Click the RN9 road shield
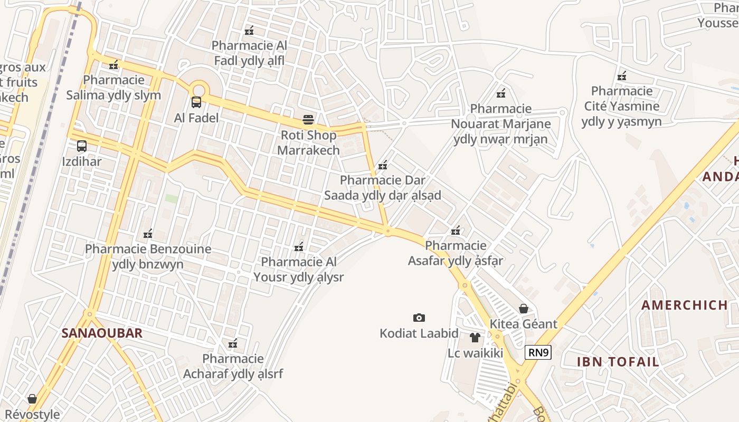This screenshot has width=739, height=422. [538, 353]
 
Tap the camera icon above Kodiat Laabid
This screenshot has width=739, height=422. [419, 318]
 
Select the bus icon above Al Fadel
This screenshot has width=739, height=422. [196, 102]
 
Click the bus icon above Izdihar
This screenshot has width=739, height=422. [82, 146]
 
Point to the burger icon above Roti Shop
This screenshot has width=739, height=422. [308, 119]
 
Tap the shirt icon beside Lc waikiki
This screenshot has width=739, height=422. [475, 338]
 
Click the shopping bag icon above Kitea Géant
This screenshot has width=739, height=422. [524, 309]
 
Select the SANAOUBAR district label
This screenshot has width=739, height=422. [102, 333]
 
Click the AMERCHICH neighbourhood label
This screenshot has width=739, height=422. [685, 305]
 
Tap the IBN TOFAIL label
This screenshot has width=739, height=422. [618, 362]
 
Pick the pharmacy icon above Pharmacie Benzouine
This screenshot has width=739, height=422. [148, 233]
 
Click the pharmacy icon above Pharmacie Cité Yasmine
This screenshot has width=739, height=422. [622, 75]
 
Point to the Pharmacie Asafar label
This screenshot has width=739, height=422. [456, 253]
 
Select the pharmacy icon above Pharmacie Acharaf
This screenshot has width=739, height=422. [233, 343]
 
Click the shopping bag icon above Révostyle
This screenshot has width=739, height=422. [32, 399]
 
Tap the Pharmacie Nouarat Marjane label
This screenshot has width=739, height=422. [500, 124]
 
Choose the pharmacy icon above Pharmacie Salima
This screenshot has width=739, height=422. [113, 65]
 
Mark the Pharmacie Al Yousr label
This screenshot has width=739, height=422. [298, 270]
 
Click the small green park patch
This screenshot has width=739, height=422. [172, 198]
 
